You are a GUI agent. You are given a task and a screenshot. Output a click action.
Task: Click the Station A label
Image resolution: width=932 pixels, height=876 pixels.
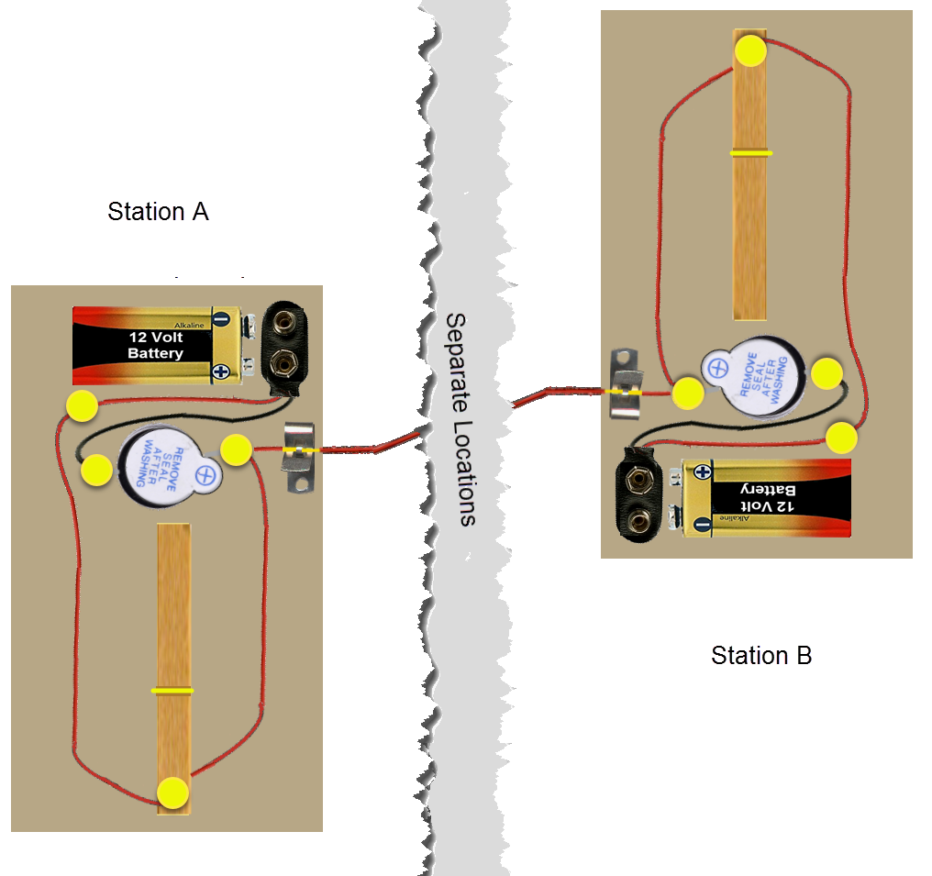point(158,212)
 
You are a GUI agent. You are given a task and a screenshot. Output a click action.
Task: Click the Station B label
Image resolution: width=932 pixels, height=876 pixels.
point(761,656)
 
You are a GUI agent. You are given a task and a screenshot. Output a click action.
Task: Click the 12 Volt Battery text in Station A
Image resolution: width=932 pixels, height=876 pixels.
point(155,346)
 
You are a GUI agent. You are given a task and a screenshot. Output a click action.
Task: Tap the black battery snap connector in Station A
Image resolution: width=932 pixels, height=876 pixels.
point(285,343)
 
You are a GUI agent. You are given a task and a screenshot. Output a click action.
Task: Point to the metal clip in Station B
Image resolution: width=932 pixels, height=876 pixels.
point(627,383)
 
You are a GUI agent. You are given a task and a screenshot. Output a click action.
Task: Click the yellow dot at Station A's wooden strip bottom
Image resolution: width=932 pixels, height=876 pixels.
point(172,793)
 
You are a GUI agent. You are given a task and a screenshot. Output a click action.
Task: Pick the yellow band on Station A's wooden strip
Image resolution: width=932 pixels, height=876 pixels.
point(172,690)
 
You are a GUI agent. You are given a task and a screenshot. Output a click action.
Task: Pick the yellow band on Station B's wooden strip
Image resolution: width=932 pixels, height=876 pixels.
point(750,152)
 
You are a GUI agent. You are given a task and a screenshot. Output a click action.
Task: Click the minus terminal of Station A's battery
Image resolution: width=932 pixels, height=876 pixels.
point(221,319)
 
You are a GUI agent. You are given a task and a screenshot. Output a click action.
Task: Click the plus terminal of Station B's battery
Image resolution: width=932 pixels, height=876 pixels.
point(703,472)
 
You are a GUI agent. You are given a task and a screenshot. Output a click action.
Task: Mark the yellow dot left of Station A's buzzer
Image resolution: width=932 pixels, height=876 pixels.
point(96,471)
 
